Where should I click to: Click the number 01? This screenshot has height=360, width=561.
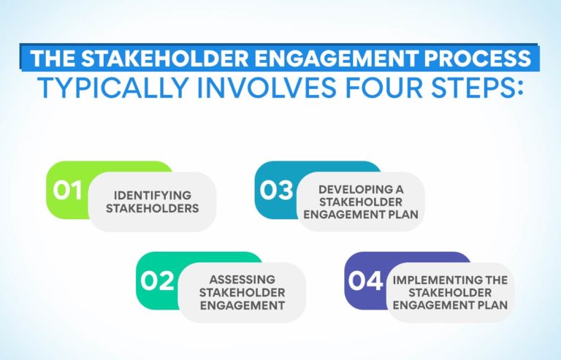click(66, 191)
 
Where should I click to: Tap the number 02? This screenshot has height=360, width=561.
click(157, 281)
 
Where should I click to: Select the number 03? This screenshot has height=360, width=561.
click(276, 191)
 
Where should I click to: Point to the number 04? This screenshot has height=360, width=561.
click(366, 281)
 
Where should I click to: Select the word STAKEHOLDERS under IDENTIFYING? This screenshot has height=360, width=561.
click(152, 208)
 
